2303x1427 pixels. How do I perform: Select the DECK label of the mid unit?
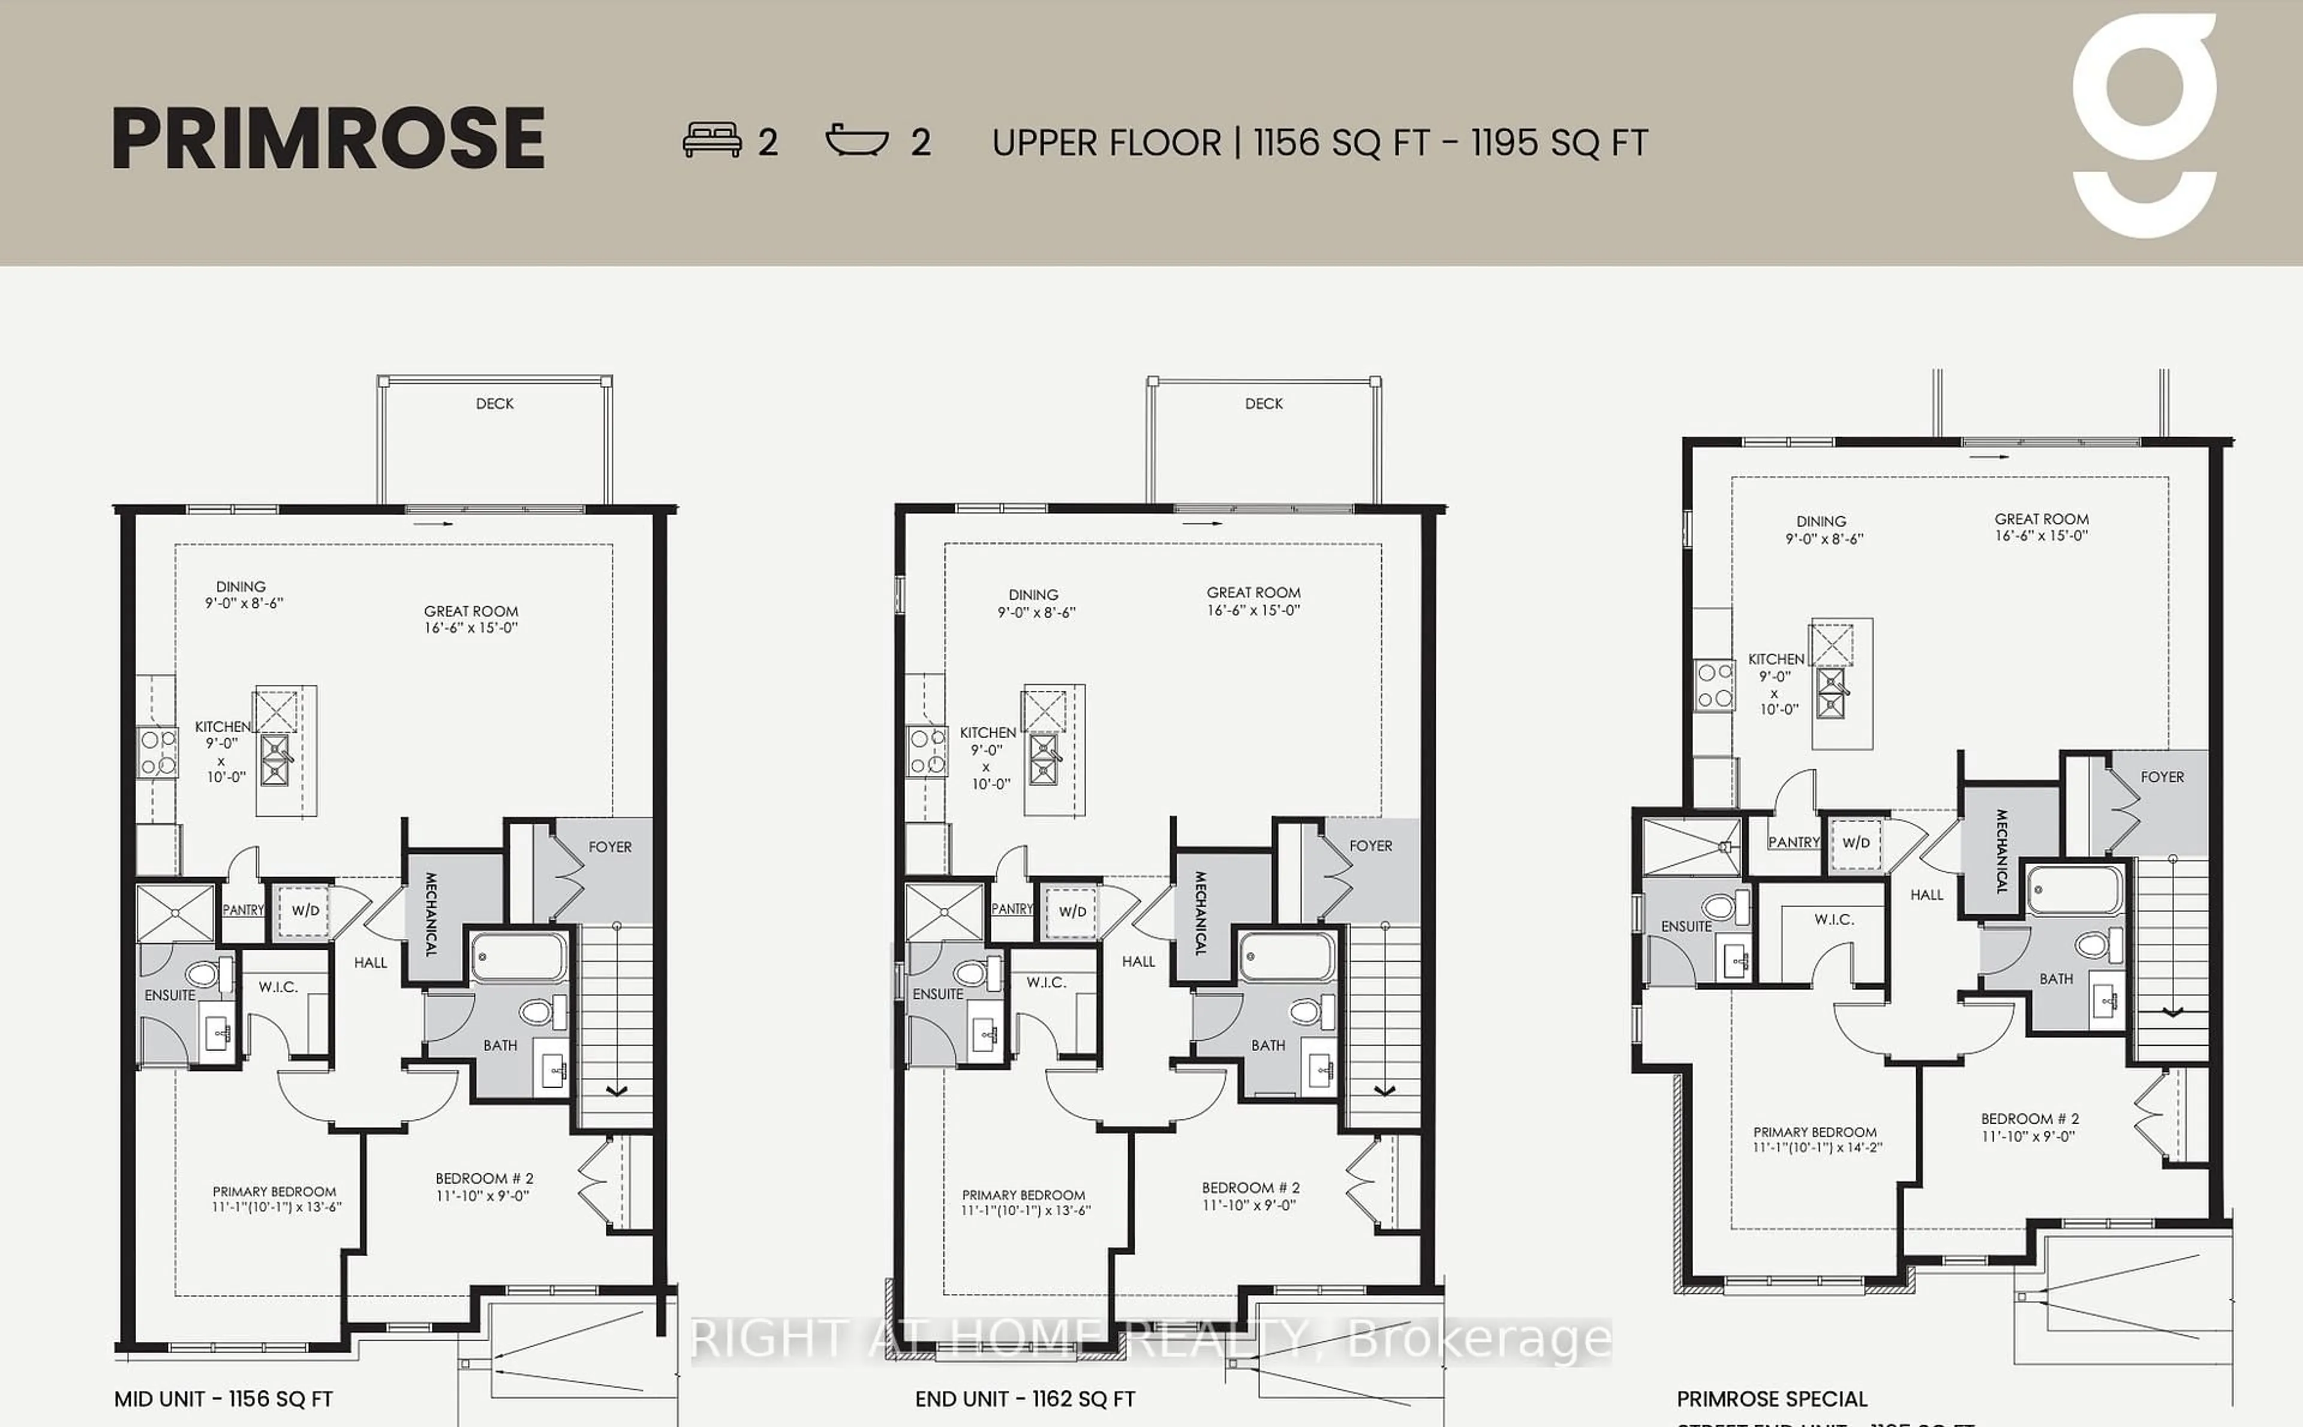[495, 404]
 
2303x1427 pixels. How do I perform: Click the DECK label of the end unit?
[1264, 404]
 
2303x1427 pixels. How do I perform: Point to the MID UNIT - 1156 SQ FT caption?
[224, 1399]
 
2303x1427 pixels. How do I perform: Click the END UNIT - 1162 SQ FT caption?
[1025, 1399]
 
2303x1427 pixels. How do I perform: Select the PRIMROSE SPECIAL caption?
[1772, 1399]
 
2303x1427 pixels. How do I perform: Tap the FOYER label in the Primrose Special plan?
[2161, 776]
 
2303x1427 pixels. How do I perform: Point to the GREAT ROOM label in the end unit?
[1253, 601]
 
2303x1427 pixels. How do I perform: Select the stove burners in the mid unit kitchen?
[158, 752]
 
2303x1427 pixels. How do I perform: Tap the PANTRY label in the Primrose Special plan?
[1793, 842]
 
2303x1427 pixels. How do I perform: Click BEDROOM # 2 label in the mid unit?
[484, 1187]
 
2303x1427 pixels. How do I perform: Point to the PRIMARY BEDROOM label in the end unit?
[1025, 1202]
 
